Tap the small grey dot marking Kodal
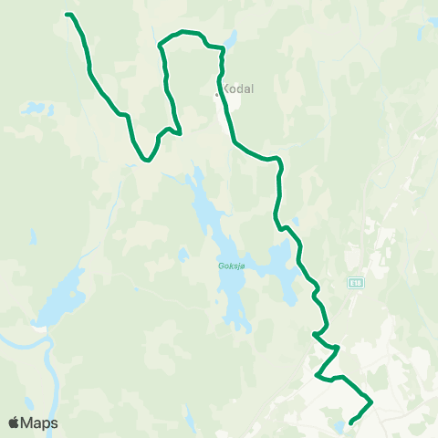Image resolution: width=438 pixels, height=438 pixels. [216, 93]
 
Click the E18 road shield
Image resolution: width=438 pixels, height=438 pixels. [355, 285]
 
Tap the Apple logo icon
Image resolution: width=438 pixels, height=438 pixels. [14, 422]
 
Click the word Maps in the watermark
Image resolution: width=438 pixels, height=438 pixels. [39, 422]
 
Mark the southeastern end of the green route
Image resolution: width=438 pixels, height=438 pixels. [350, 422]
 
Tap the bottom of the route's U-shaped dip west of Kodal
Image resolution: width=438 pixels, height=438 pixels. [146, 161]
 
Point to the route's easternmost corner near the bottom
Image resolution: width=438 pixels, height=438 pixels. [371, 401]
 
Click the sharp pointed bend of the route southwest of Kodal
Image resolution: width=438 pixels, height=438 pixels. [180, 133]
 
